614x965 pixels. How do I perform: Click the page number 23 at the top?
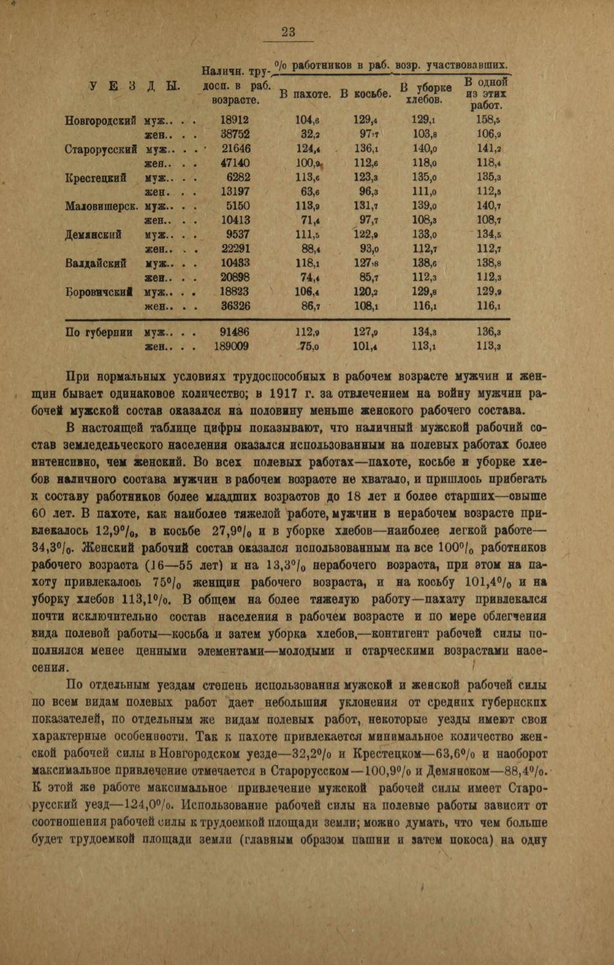(x=288, y=32)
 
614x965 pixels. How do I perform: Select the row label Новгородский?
(x=101, y=120)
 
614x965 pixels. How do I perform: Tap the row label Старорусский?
(x=101, y=148)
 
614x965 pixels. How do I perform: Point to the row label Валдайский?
(x=96, y=263)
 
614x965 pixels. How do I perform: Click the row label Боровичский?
(x=101, y=292)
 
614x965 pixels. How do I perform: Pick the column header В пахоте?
(x=305, y=94)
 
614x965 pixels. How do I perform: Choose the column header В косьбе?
(x=365, y=94)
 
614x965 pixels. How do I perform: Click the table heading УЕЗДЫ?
(x=134, y=86)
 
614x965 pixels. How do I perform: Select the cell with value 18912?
(x=235, y=120)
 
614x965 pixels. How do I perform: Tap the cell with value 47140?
(x=235, y=163)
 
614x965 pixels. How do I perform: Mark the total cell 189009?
(x=232, y=347)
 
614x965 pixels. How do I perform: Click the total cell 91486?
(x=235, y=332)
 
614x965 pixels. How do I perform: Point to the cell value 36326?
(x=235, y=306)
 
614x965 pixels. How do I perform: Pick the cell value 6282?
(x=238, y=177)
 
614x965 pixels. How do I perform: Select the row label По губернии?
(x=99, y=332)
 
